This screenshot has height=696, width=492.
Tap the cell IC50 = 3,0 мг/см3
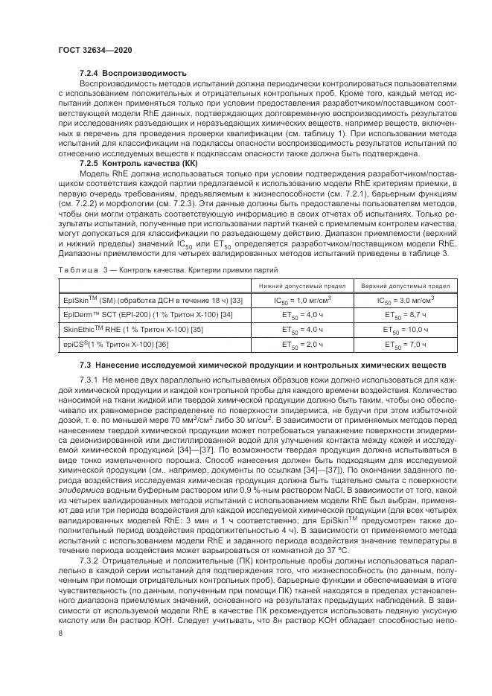click(405, 300)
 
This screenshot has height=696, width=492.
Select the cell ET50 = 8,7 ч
click(405, 314)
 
